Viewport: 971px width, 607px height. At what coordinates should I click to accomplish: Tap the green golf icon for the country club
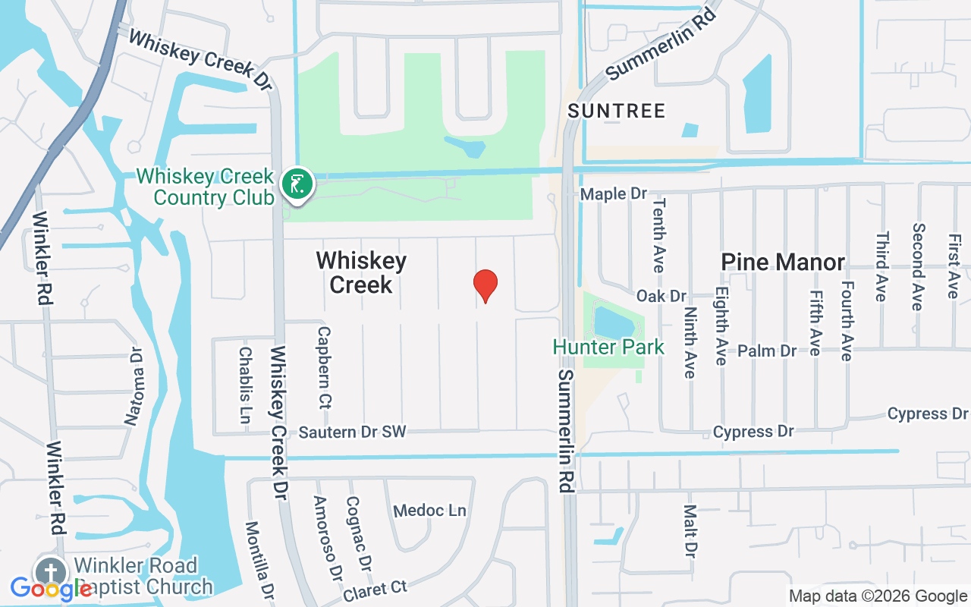(298, 184)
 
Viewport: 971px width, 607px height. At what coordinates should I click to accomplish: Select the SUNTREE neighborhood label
(617, 111)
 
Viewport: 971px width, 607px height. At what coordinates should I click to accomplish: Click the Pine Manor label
(783, 263)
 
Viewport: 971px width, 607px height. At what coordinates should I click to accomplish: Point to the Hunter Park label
(608, 348)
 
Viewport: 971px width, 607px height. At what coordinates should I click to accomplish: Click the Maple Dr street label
(614, 194)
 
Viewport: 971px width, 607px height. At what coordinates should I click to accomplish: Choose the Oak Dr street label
(661, 295)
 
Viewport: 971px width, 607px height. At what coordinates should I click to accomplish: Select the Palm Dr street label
(767, 351)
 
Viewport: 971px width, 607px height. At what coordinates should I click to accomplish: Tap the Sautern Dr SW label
(352, 432)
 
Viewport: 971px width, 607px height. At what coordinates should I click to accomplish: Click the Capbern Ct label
(324, 367)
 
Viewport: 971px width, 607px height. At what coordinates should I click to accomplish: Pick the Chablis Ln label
(245, 390)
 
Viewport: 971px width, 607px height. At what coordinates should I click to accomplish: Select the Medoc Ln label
(429, 511)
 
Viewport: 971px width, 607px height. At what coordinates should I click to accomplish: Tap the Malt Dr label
(690, 531)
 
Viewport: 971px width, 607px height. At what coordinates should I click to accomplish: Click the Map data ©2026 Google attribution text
(878, 596)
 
